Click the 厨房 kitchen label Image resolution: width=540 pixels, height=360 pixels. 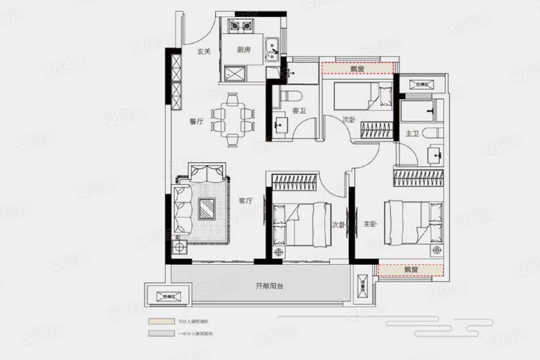(244, 50)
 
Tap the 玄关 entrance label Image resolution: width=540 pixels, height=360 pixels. (204, 51)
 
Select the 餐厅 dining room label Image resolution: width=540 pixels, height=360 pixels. (196, 122)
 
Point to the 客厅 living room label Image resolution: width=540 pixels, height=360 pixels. (245, 201)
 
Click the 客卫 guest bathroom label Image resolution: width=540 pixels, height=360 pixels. (299, 111)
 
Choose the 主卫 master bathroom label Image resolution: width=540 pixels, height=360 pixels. (412, 134)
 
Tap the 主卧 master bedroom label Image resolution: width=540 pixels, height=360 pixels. (370, 224)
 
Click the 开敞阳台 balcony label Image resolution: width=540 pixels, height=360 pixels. (269, 286)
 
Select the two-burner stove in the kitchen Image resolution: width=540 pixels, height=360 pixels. (240, 26)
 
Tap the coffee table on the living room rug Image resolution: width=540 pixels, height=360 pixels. (207, 209)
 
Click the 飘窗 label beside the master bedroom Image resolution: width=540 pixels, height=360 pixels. (411, 270)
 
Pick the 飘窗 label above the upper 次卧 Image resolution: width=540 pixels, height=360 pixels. (357, 69)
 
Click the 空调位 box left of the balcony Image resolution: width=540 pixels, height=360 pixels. (169, 297)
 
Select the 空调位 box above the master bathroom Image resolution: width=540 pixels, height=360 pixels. (421, 84)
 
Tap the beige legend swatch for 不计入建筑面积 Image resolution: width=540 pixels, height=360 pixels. (161, 321)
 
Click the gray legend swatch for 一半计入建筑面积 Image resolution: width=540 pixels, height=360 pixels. (161, 333)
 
